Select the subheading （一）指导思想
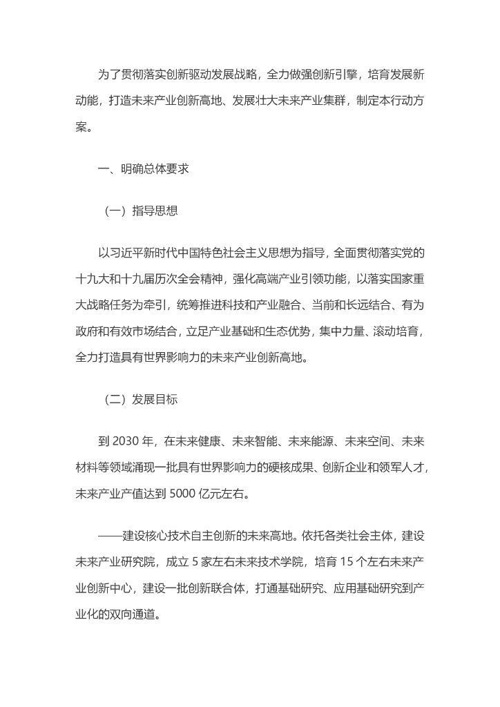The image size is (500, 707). click(x=141, y=211)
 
